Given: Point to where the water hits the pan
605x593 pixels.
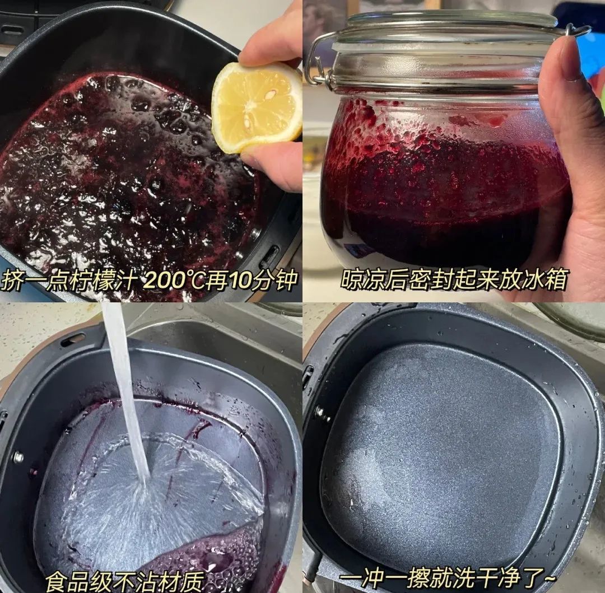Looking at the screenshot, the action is pyautogui.click(x=143, y=487).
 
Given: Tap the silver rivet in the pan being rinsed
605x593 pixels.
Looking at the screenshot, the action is pyautogui.click(x=18, y=457).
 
